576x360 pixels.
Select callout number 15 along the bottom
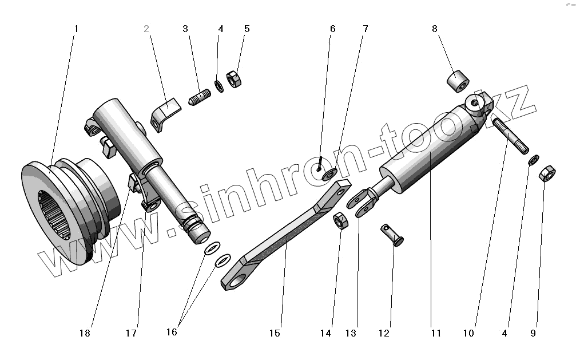275,333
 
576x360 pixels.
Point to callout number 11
436,333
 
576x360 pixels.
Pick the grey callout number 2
146,28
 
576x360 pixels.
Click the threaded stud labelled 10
509,136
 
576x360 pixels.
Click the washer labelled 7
329,175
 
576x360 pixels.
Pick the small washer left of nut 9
533,159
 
